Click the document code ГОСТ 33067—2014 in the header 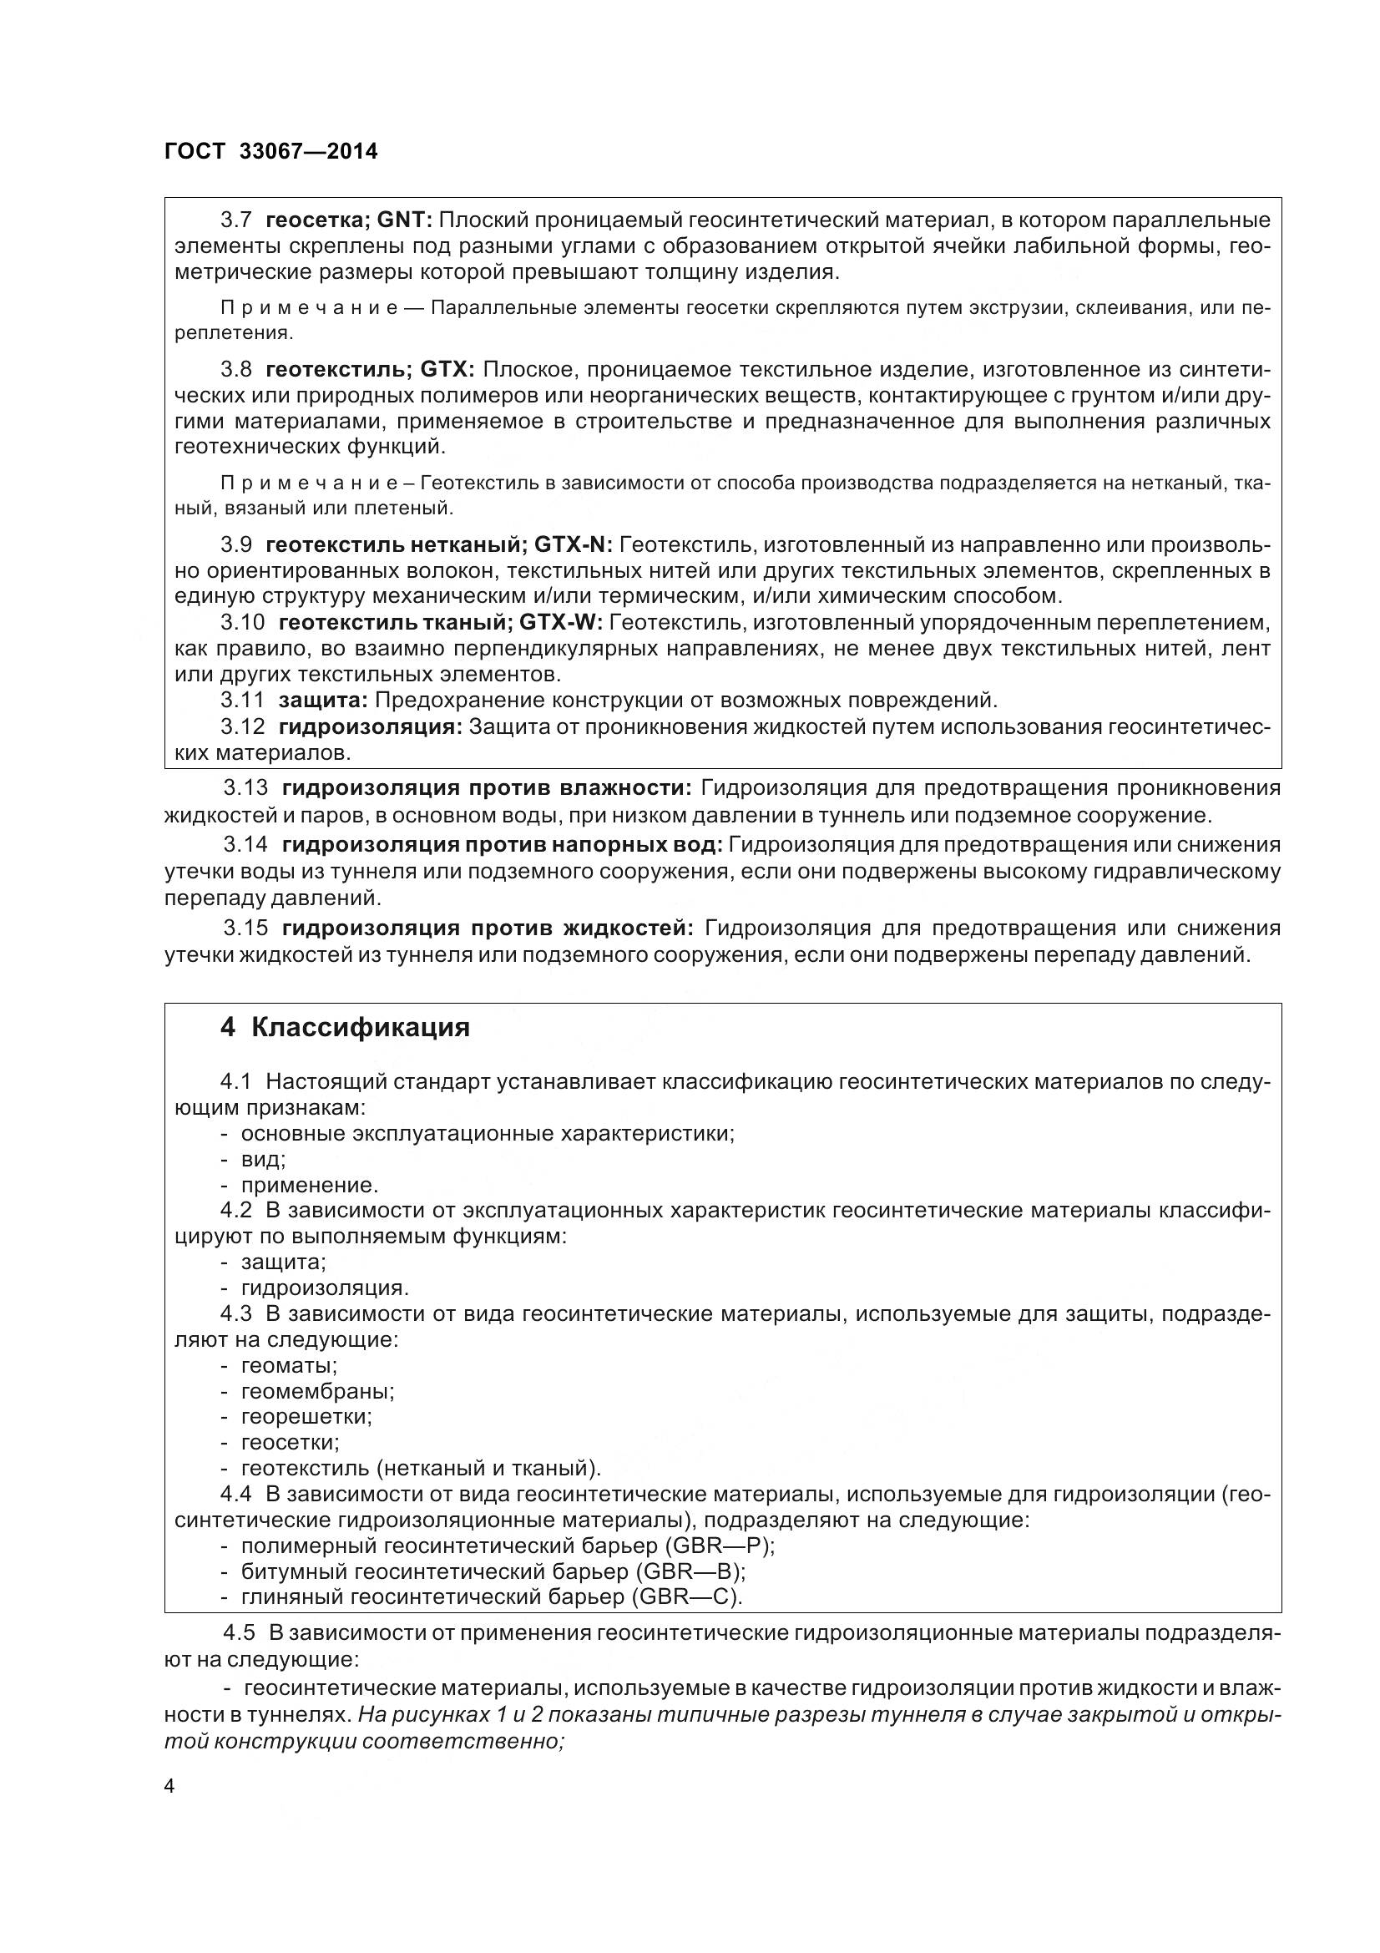271,151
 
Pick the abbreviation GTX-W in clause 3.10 559,623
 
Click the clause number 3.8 235,369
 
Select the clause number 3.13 245,788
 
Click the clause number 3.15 245,928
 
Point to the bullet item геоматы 289,1365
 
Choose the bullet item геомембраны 317,1392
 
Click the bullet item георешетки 306,1417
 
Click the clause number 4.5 239,1633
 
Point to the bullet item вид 263,1160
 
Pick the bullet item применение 310,1185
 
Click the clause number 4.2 235,1211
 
